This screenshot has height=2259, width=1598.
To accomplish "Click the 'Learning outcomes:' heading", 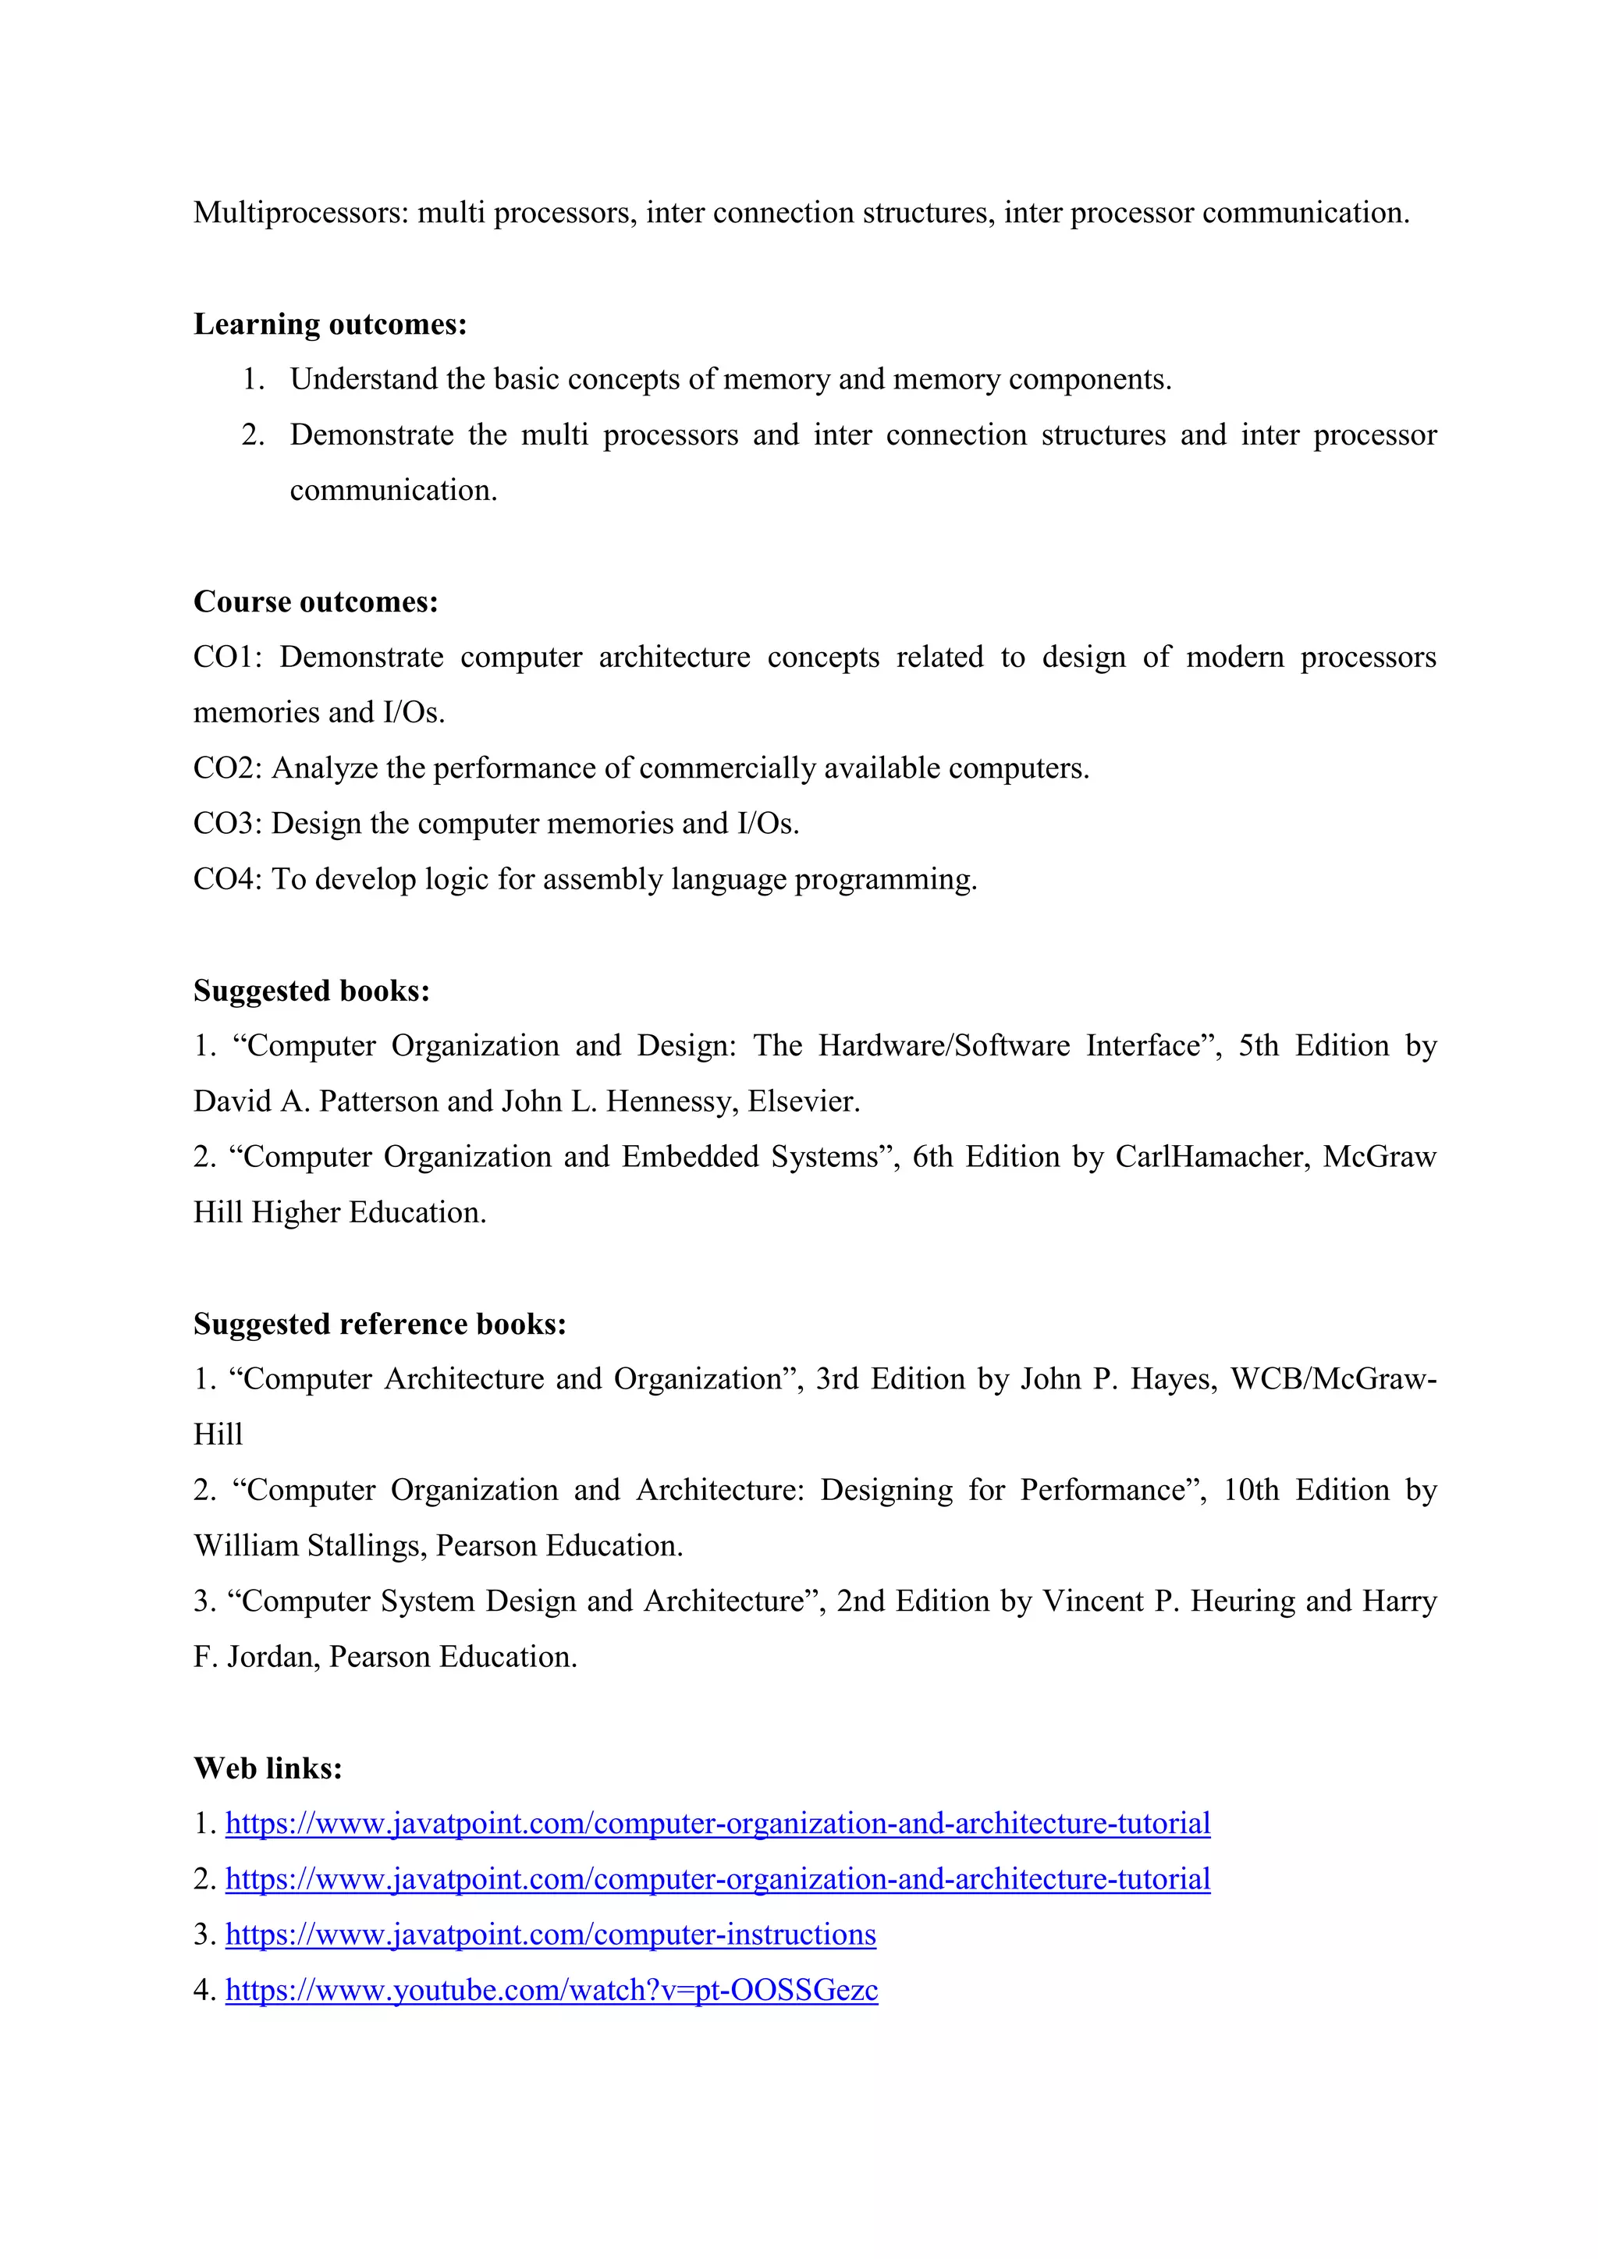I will (329, 324).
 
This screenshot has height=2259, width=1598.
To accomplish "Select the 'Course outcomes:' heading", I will (316, 601).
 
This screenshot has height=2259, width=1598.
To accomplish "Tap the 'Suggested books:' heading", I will (311, 990).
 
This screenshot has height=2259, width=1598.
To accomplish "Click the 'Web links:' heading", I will (268, 1768).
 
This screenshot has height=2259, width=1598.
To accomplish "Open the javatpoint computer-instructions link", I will (550, 1935).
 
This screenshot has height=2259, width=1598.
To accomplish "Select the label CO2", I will (226, 768).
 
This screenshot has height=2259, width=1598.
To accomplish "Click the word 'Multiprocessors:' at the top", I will (300, 212).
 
